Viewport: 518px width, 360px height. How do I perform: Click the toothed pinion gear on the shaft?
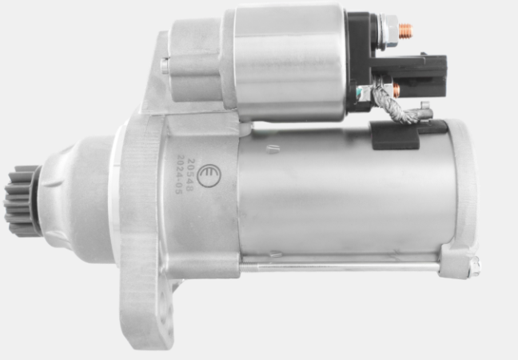point(22,201)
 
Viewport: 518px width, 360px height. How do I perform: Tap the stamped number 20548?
point(189,174)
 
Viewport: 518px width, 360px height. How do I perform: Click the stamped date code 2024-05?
point(179,174)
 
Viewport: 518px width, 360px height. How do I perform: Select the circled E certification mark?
point(209,175)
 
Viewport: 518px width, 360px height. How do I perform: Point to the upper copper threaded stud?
point(405,30)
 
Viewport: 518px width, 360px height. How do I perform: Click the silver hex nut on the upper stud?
point(390,31)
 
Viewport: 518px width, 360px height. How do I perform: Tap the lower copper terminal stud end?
point(396,90)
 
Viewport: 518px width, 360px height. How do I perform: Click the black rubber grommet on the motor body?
point(396,135)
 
